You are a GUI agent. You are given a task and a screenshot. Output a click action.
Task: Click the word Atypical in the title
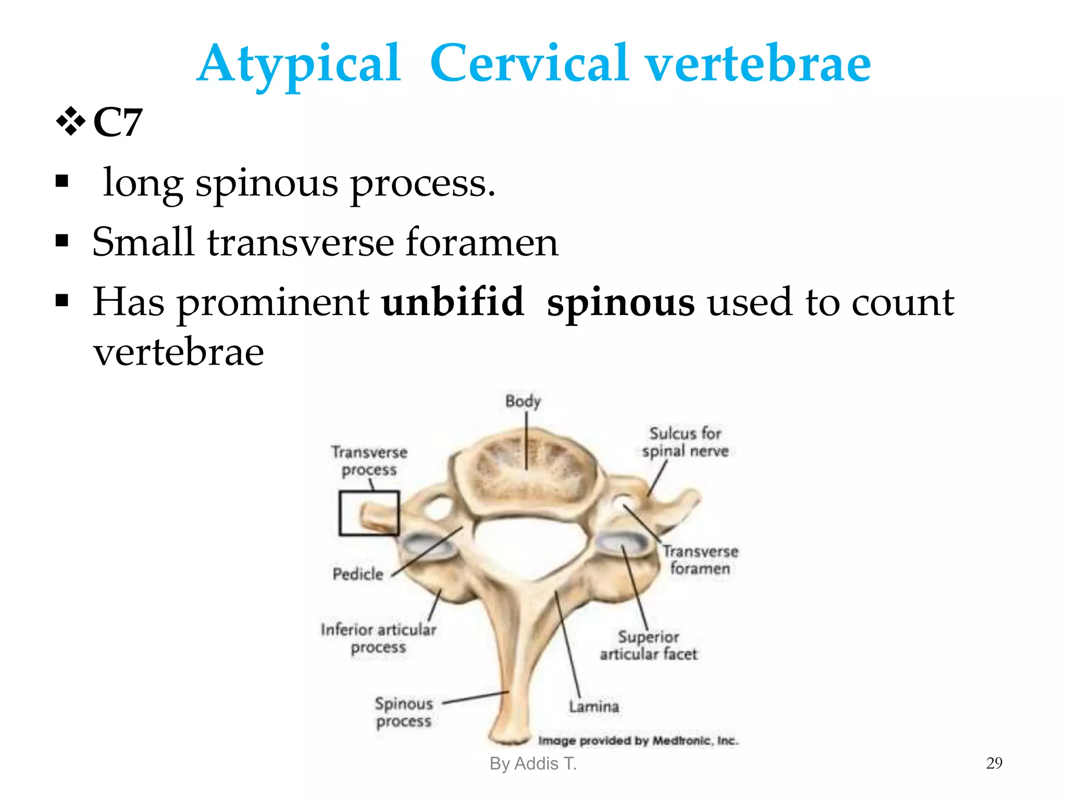pos(299,65)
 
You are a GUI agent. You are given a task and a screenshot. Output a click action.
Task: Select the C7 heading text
pos(118,123)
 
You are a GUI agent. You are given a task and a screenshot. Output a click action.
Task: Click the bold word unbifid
pos(452,302)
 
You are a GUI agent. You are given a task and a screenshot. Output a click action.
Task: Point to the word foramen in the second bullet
pos(481,243)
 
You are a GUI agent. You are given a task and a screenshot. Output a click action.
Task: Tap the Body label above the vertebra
pos(523,402)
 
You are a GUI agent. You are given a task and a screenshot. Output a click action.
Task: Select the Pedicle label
pos(358,574)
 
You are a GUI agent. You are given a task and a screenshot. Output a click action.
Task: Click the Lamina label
pos(594,707)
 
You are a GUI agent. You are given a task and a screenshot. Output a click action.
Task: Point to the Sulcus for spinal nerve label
pos(685,442)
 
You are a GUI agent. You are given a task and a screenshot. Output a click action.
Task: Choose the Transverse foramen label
pos(700,559)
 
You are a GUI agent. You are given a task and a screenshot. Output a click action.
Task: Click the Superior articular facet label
pos(648,645)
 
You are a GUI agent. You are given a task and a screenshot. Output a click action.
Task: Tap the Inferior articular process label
pos(378,639)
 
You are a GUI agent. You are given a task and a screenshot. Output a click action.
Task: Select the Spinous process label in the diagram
pos(404,712)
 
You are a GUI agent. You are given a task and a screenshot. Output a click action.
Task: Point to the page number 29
pos(994,763)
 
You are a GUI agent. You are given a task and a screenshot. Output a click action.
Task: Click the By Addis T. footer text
pos(533,764)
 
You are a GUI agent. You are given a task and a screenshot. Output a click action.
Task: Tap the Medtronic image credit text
pos(638,741)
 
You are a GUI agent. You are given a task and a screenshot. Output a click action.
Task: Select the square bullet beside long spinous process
pos(62,182)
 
